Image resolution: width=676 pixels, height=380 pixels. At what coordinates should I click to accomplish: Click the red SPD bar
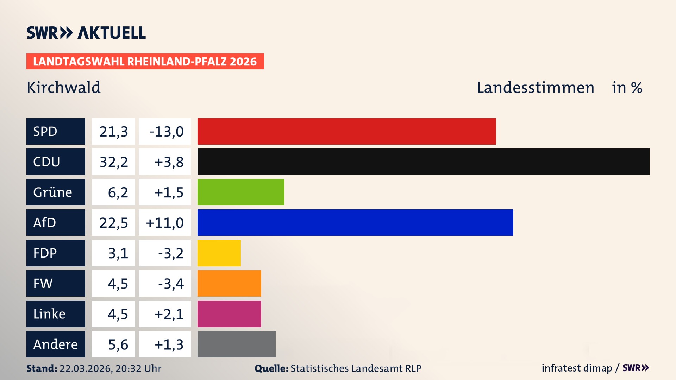[x=346, y=131]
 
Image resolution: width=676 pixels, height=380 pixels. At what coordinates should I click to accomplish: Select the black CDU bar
[x=423, y=161]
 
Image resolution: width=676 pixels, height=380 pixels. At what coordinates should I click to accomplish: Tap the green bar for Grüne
[x=241, y=192]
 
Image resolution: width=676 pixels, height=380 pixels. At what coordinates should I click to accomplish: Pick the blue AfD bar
[x=355, y=222]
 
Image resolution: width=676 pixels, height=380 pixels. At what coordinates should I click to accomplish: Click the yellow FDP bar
[x=219, y=253]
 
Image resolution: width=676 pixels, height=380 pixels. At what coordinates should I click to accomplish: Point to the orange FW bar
[x=229, y=283]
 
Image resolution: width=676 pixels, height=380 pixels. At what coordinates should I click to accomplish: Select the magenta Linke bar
[x=229, y=314]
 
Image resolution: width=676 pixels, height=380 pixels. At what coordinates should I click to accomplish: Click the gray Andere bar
[x=236, y=344]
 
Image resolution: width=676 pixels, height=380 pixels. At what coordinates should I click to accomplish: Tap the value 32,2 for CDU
[x=113, y=162]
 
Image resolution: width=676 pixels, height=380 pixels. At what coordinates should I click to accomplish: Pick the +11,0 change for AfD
[x=165, y=223]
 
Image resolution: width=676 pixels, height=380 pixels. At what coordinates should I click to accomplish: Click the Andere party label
[x=56, y=344]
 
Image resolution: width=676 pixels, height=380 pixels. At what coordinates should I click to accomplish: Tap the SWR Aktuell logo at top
[x=86, y=33]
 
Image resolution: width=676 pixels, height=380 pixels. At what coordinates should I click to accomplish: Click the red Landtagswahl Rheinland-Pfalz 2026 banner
[x=145, y=62]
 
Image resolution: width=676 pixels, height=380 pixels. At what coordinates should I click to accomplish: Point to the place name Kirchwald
[x=64, y=88]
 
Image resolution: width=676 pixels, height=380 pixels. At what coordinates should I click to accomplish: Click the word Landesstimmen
[x=535, y=88]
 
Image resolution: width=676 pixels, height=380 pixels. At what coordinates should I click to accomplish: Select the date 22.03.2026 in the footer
[x=86, y=368]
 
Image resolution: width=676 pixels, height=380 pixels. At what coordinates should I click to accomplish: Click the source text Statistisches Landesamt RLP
[x=356, y=368]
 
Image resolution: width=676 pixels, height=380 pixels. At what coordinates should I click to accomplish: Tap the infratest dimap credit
[x=576, y=368]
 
